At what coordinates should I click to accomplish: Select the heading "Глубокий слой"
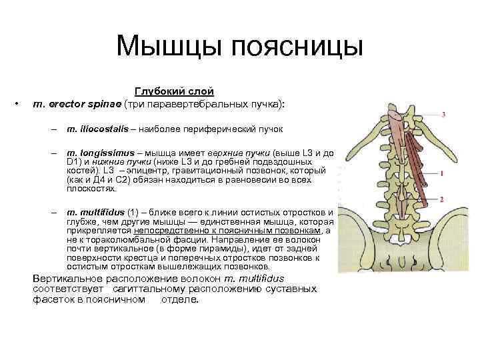pos(175,91)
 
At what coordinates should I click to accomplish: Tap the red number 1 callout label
pos(443,173)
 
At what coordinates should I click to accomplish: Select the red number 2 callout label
pos(442,199)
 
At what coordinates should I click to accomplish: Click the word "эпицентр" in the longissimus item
pos(116,171)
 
